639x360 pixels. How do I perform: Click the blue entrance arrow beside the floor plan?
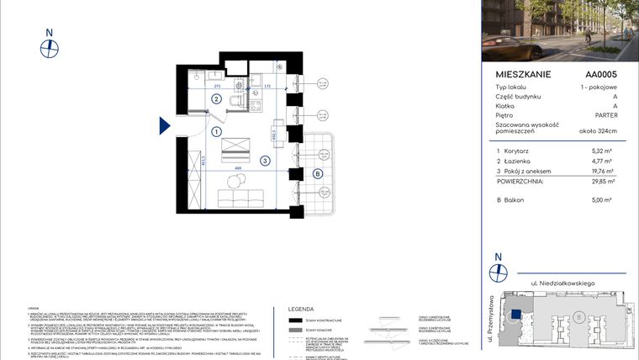pyautogui.click(x=166, y=126)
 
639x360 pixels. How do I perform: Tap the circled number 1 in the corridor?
pyautogui.click(x=216, y=132)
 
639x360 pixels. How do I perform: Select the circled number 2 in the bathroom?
pyautogui.click(x=216, y=99)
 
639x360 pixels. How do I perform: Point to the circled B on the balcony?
pyautogui.click(x=317, y=174)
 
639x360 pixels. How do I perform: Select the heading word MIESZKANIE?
pyautogui.click(x=523, y=75)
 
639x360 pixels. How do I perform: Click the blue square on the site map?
pyautogui.click(x=514, y=314)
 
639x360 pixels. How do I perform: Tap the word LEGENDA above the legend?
pyautogui.click(x=301, y=309)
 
